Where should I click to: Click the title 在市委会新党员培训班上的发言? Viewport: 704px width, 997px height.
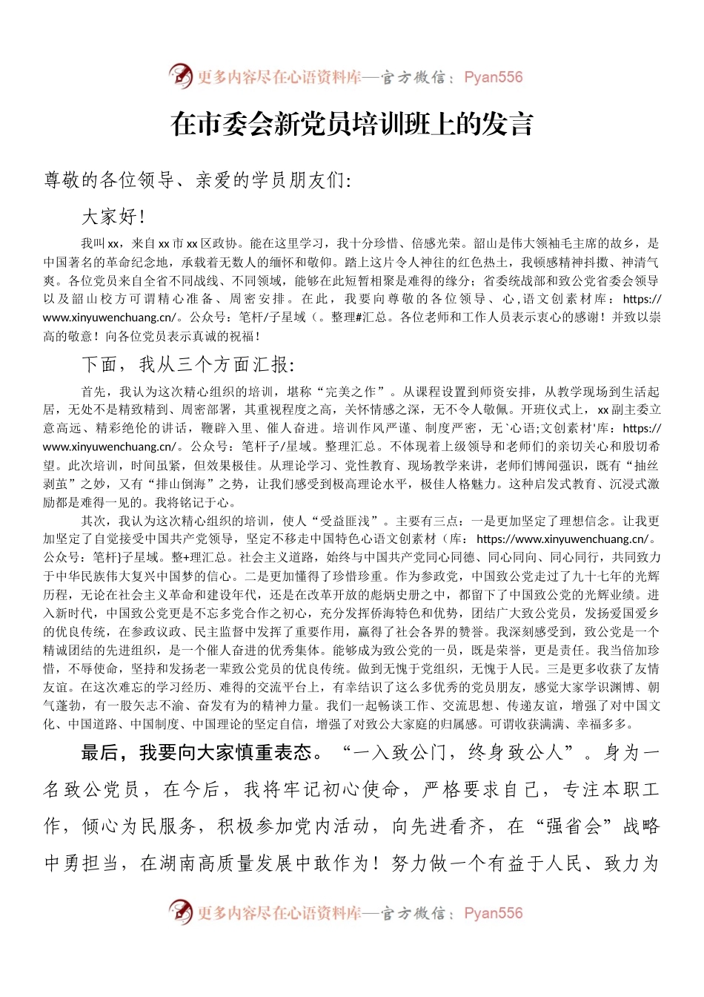click(352, 124)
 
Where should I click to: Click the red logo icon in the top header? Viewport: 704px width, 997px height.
click(180, 76)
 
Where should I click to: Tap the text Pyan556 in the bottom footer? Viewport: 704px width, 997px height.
click(493, 913)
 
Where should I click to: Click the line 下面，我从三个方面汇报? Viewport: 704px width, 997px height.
click(188, 364)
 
